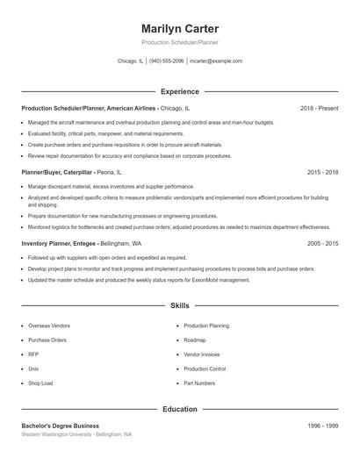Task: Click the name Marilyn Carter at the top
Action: (x=179, y=29)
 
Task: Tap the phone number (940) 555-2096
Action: (x=166, y=61)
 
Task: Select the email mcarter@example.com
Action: (x=216, y=61)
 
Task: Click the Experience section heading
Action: (x=180, y=91)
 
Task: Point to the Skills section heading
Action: (x=180, y=306)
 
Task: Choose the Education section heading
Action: (x=180, y=409)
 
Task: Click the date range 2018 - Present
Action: (x=319, y=108)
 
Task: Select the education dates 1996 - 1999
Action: (x=323, y=426)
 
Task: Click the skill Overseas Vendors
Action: (x=49, y=325)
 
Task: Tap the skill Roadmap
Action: (x=195, y=340)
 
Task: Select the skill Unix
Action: (x=33, y=368)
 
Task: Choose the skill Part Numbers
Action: (x=199, y=383)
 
